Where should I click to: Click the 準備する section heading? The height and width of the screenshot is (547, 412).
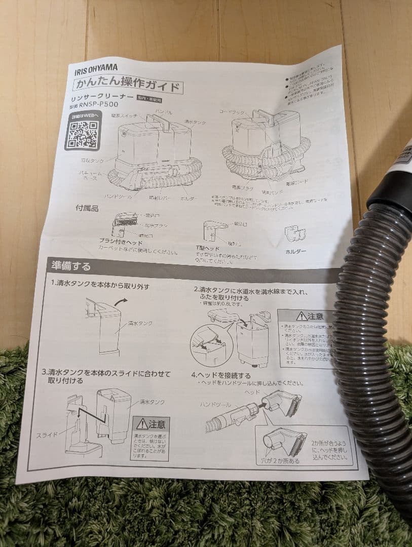(x=71, y=265)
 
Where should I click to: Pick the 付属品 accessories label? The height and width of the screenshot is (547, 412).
(x=87, y=208)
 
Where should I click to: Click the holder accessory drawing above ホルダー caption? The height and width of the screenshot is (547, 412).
(x=295, y=232)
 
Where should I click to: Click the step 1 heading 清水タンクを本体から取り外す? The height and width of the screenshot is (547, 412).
(x=100, y=286)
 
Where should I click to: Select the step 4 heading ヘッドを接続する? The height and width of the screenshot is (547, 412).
(x=221, y=375)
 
